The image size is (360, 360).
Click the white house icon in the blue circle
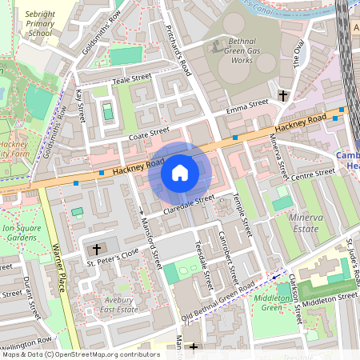pos(180,173)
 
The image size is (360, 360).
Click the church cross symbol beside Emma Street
pos(282,96)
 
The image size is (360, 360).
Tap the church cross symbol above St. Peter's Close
pos(98,250)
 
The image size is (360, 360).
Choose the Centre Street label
pos(312,174)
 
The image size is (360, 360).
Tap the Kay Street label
pos(80,106)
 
